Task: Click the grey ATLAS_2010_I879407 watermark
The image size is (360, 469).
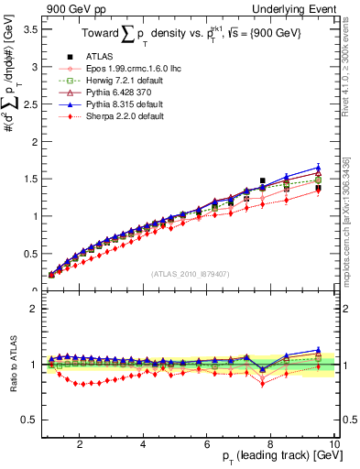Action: [x=189, y=274]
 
